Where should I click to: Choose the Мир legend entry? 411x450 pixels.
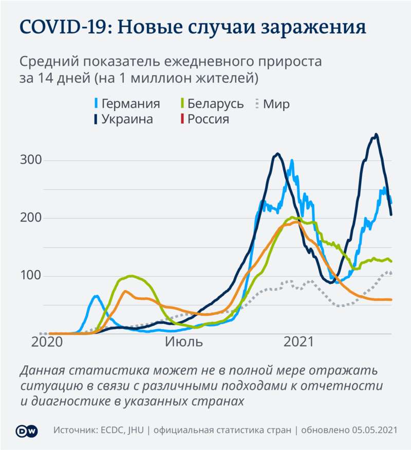coord(276,104)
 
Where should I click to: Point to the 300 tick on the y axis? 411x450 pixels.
coord(30,160)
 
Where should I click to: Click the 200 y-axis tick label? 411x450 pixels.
coord(30,219)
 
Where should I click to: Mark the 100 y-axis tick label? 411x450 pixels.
coord(30,276)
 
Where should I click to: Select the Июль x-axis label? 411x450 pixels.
coord(184,343)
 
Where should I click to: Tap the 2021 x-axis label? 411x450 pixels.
coord(298,343)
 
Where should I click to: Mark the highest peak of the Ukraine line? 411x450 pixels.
coord(376,134)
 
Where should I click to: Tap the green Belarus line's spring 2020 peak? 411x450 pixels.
coord(131,276)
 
